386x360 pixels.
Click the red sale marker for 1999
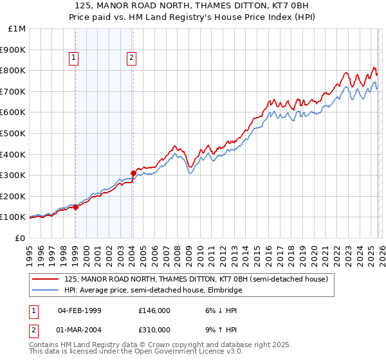[75, 207]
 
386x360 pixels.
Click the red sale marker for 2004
[133, 172]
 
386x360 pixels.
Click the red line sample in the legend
[46, 280]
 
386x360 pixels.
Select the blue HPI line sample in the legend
[46, 291]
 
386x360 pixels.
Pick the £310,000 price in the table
[154, 330]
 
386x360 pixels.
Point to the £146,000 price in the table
[154, 310]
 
